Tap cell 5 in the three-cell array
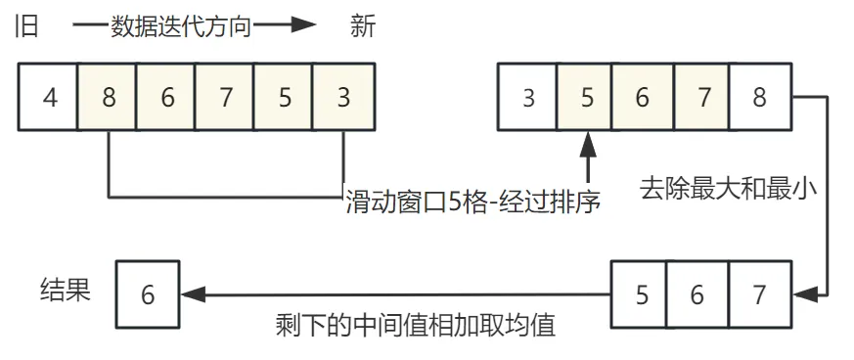(x=642, y=293)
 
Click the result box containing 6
(x=148, y=293)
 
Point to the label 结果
(x=66, y=290)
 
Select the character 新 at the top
(x=362, y=26)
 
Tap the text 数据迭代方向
(x=182, y=26)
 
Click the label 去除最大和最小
(x=727, y=187)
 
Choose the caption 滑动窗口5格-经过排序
(x=472, y=202)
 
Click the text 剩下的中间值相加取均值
(x=416, y=325)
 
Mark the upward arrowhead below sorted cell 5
(x=586, y=143)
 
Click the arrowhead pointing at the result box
(x=192, y=293)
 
